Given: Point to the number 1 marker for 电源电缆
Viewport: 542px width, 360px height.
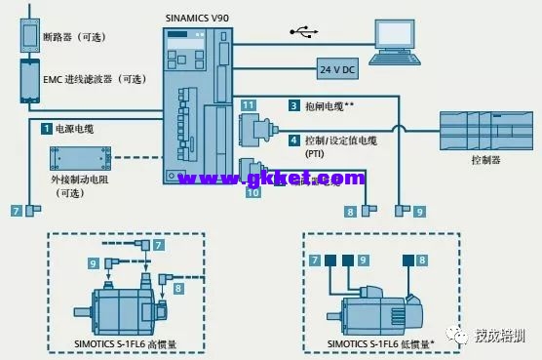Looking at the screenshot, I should tap(46, 128).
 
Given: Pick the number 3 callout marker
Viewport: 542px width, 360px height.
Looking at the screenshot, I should tap(292, 104).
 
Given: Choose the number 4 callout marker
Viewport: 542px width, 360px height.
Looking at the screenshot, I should tap(292, 140).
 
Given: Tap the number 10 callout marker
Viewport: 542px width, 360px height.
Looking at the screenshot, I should tap(253, 193).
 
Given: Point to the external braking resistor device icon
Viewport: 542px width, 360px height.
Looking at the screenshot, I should tap(75, 159).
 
